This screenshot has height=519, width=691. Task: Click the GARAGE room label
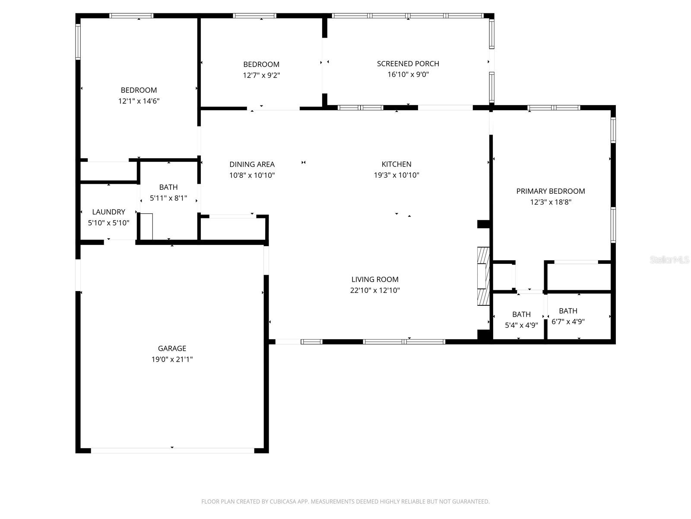(172, 348)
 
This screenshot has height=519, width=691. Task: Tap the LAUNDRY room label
(108, 212)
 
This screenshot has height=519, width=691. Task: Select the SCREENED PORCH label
(408, 64)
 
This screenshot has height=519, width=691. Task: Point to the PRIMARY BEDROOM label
(551, 191)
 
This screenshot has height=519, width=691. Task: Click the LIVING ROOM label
(375, 279)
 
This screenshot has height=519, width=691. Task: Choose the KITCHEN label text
(396, 164)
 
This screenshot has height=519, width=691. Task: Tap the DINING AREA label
(252, 164)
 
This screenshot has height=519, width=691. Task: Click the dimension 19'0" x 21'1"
(172, 359)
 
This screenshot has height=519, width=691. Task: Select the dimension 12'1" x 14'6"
(139, 101)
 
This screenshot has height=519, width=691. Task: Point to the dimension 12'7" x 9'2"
(261, 75)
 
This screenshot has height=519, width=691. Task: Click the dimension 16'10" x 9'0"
(408, 74)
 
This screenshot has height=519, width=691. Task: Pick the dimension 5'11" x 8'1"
(168, 198)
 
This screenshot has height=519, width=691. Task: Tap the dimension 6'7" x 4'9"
(568, 321)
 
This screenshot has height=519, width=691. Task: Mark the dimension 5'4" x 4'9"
(521, 325)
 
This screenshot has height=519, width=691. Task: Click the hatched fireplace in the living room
(484, 276)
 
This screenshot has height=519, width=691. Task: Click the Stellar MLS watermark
(669, 259)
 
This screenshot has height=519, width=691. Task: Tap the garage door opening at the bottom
(172, 451)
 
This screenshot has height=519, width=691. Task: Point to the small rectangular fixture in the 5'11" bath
(146, 227)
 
